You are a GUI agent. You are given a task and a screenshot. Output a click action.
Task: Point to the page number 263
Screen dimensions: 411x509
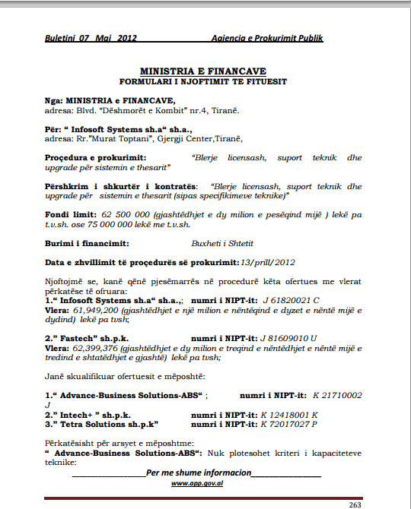(354, 504)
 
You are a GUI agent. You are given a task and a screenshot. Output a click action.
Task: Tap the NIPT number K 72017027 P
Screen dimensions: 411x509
(288, 424)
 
